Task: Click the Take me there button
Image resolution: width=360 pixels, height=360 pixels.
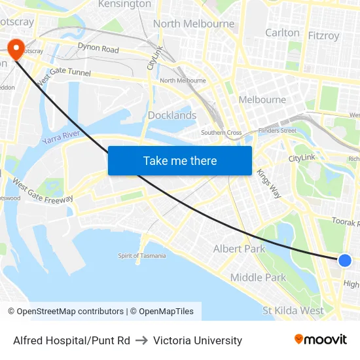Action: (180, 160)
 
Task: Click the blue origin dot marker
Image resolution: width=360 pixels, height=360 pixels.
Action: (345, 261)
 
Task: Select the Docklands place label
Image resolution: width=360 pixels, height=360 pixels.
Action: (172, 115)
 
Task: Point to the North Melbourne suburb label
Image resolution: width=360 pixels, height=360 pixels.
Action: (194, 24)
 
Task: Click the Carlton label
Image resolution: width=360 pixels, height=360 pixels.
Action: (282, 33)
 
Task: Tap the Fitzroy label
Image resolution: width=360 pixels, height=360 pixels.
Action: (323, 35)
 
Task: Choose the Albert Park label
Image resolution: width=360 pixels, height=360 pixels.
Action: (240, 249)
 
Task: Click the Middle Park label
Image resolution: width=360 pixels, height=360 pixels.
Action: (258, 278)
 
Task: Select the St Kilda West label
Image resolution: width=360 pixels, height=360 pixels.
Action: (293, 310)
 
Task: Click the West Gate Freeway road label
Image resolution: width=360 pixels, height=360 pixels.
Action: (43, 190)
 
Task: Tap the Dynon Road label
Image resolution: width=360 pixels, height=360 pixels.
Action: (98, 48)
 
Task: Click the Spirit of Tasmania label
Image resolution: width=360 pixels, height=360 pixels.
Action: (142, 256)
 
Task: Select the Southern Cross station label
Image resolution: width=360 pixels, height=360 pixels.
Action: (221, 133)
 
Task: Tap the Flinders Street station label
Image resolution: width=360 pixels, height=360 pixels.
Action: (278, 131)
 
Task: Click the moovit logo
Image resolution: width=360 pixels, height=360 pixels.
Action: (321, 340)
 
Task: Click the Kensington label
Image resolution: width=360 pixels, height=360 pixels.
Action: (124, 5)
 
